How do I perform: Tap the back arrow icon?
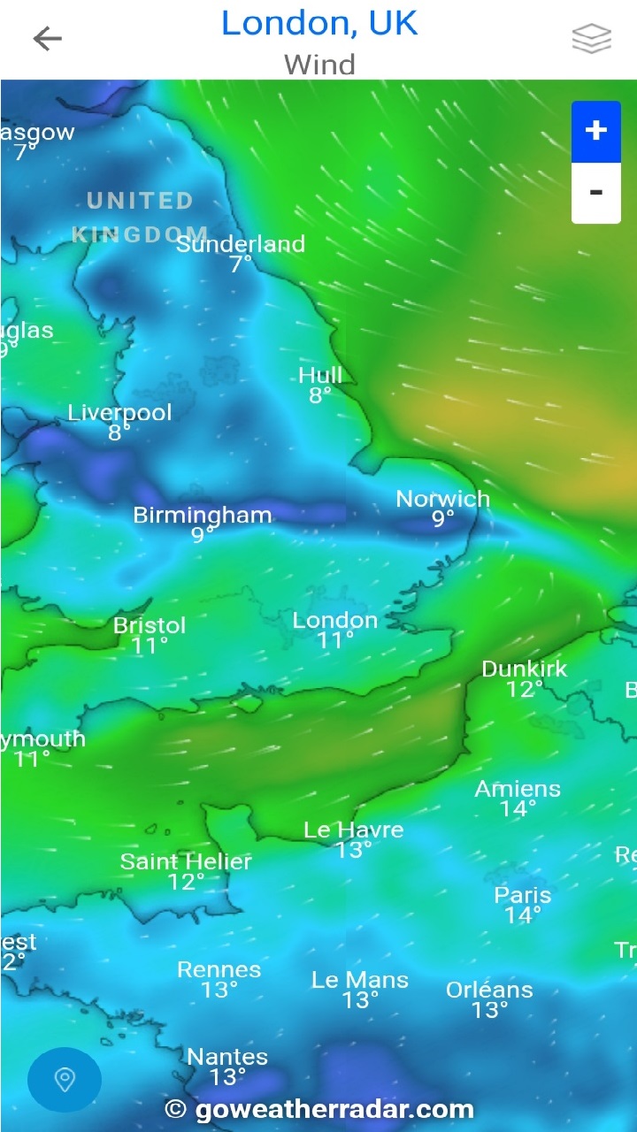coord(48,38)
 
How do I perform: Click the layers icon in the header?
coord(591,38)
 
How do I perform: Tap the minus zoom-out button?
coord(595,192)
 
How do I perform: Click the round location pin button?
coord(65,1079)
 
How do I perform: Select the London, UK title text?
coord(318,23)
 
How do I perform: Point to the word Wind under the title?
coord(319,65)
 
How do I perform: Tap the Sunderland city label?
coord(241,244)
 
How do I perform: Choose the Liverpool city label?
coord(119,412)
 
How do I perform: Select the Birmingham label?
coord(203,515)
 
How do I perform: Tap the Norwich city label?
coord(442,499)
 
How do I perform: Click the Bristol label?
coord(150,625)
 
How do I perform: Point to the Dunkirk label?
coord(525,669)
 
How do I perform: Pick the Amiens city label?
coord(518,789)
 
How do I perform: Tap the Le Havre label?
coord(354,830)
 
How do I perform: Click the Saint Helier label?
coord(186,861)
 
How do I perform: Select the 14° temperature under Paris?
coord(523,915)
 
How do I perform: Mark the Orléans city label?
coord(489,990)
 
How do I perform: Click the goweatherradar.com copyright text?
coord(320,1109)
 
